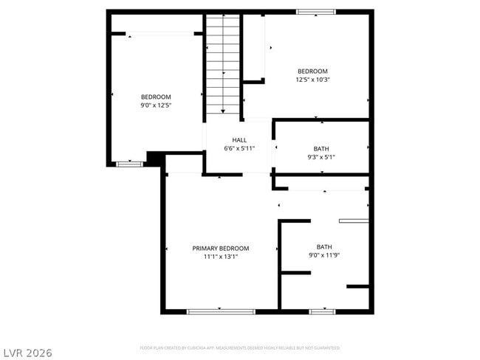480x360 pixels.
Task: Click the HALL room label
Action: pyautogui.click(x=239, y=140)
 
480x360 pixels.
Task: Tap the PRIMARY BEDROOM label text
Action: pyautogui.click(x=220, y=249)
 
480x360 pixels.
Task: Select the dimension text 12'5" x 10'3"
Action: pyautogui.click(x=312, y=80)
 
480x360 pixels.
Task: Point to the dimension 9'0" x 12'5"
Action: pyautogui.click(x=156, y=105)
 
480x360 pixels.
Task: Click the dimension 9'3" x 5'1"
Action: pyautogui.click(x=321, y=157)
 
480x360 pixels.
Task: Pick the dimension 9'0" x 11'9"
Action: pyautogui.click(x=324, y=255)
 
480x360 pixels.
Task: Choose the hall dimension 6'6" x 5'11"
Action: pyautogui.click(x=239, y=149)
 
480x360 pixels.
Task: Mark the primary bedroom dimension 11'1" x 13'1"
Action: pyautogui.click(x=220, y=257)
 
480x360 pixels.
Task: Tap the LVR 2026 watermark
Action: pyautogui.click(x=28, y=353)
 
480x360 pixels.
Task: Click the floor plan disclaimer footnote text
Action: pyautogui.click(x=239, y=347)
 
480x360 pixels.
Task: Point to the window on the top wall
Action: pyautogui.click(x=316, y=12)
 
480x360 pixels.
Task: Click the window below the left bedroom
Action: pyautogui.click(x=130, y=164)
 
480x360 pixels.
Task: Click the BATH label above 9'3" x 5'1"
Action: pyautogui.click(x=321, y=148)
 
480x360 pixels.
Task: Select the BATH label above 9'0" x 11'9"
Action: pyautogui.click(x=324, y=246)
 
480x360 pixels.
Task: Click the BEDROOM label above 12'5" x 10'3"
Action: pyautogui.click(x=312, y=71)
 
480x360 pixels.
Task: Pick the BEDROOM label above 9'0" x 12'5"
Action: pyautogui.click(x=156, y=97)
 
